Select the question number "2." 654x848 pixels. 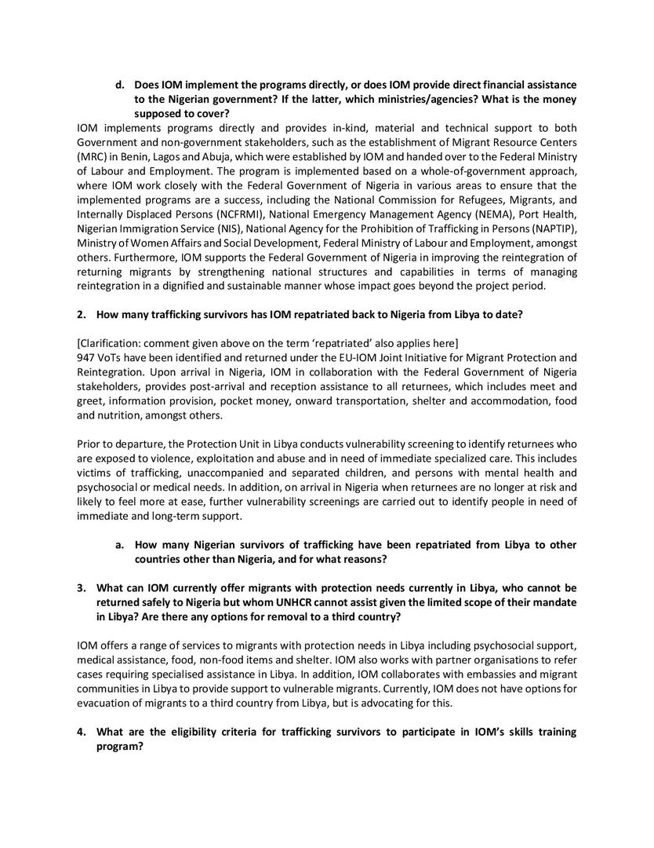tap(81, 314)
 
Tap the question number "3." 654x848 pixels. tap(81, 587)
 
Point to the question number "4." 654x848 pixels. tap(81, 732)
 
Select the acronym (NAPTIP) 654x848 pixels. tap(551, 228)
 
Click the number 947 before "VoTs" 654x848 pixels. tap(87, 357)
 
